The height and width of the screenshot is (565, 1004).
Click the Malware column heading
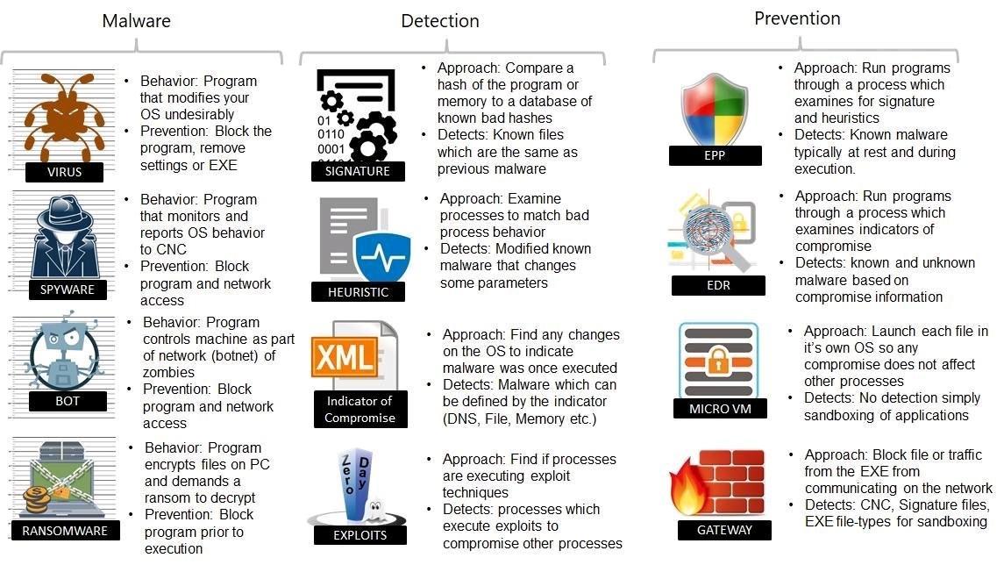coord(137,20)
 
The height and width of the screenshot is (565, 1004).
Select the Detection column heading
coord(440,21)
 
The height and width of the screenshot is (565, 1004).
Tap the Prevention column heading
coord(797,18)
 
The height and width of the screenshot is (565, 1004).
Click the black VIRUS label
coord(64,172)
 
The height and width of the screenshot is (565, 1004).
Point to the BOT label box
coord(67,402)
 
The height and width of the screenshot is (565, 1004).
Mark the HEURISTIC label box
coord(358,292)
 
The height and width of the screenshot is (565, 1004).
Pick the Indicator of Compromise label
coord(359,410)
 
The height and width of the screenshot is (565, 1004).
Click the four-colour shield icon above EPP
coord(714,110)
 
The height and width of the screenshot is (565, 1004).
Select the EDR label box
coord(717,284)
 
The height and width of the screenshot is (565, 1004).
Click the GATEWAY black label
coord(724,530)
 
